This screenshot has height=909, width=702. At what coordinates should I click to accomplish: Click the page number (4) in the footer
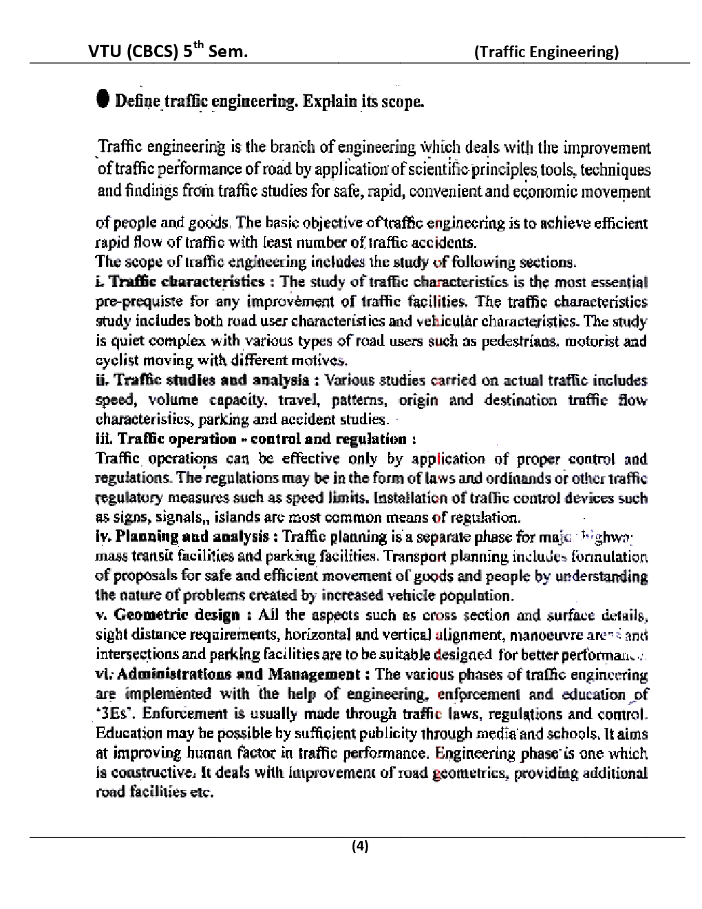360,846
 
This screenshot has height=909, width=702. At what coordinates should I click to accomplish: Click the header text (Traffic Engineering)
547,52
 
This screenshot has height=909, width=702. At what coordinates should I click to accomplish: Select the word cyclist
114,359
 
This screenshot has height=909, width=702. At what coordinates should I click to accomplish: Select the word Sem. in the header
228,52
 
